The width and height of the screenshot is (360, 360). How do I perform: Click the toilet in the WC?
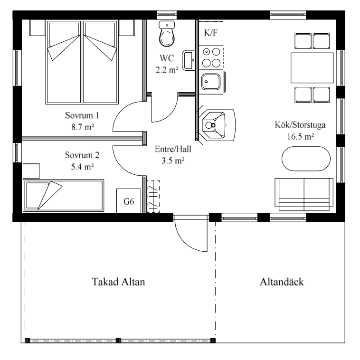[x=167, y=35]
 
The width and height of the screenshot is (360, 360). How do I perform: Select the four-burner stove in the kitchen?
[x=211, y=57]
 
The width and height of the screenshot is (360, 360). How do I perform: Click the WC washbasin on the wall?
[x=188, y=58]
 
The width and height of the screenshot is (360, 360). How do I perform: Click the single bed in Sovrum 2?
[x=64, y=194]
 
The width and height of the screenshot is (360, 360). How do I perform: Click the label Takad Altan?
[x=118, y=282]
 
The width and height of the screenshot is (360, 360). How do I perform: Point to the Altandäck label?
[x=282, y=282]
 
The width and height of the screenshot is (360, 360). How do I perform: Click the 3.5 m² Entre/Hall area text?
[x=173, y=160]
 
